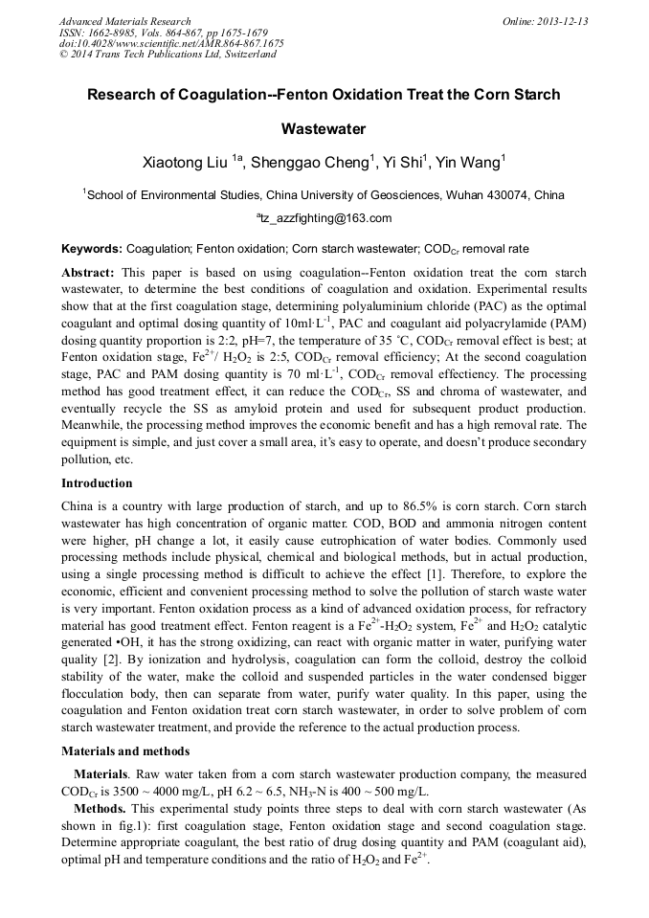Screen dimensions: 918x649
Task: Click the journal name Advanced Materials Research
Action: click(x=124, y=21)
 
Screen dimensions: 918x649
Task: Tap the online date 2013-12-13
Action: click(x=559, y=21)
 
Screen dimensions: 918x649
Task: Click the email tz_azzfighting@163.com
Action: click(x=324, y=218)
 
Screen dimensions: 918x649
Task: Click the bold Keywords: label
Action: click(x=92, y=248)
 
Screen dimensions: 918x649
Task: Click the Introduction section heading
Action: click(x=97, y=483)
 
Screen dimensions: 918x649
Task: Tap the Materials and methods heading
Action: click(x=125, y=751)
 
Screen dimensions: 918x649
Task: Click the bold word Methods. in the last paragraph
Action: click(x=101, y=809)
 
